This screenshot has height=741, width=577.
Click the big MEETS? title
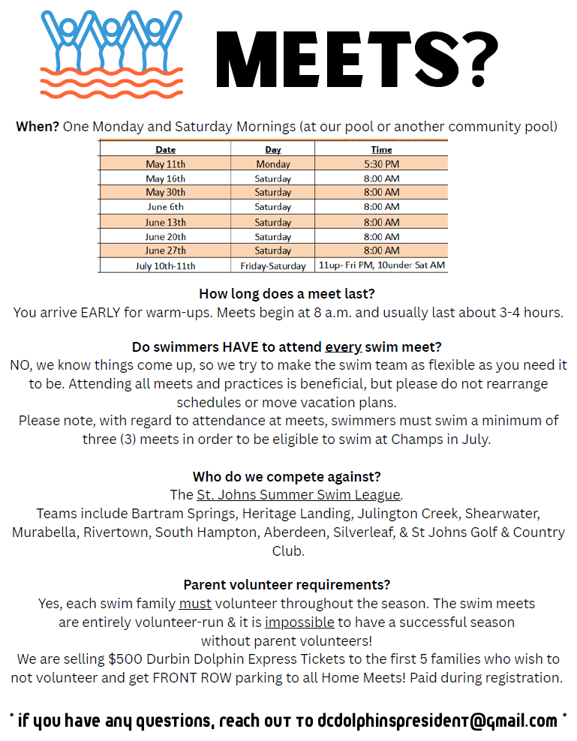[357, 59]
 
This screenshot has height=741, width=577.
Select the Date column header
[166, 150]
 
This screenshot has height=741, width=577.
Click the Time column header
[381, 150]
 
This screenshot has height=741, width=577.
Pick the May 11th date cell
[166, 163]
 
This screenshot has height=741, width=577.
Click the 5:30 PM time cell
[381, 163]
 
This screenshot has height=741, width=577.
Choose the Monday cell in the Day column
[273, 163]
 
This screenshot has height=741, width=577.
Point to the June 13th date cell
[166, 222]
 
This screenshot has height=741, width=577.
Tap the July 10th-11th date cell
[166, 265]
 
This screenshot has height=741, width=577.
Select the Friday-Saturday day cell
[273, 265]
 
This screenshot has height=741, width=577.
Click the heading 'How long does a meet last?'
[288, 293]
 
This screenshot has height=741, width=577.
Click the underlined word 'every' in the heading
[344, 347]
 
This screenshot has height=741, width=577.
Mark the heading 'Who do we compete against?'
[287, 477]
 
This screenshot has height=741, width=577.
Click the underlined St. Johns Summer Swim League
[299, 495]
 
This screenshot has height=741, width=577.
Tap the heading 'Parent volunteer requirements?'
[287, 585]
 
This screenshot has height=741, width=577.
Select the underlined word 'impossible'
[299, 622]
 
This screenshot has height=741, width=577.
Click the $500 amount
[123, 659]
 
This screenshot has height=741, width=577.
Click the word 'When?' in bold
[38, 126]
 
